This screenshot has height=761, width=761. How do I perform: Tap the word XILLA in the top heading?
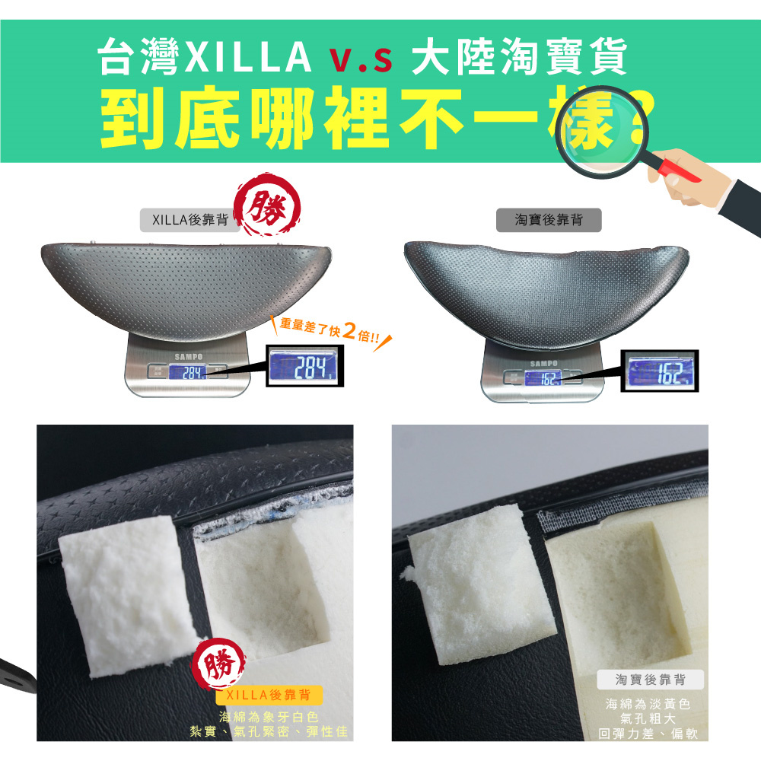point(248,57)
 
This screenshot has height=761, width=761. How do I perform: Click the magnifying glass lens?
point(602,132)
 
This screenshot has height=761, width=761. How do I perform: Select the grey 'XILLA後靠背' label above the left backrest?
point(189,221)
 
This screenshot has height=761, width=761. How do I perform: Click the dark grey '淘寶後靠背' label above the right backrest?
point(549,220)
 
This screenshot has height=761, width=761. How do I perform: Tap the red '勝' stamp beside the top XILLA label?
point(267,204)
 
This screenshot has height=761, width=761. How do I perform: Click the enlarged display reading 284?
point(305,366)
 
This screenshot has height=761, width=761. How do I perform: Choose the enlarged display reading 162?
point(660,371)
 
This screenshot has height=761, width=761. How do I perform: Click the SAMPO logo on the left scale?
point(189,357)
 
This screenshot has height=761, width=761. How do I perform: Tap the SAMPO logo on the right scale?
point(544,364)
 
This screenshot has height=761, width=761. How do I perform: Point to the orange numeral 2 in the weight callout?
point(349,330)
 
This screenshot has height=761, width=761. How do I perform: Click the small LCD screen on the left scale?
point(188,372)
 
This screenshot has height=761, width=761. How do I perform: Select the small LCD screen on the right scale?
point(543,378)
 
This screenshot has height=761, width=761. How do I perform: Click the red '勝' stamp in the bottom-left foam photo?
point(219,664)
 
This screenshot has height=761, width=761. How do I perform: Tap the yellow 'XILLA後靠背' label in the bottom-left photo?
point(269,695)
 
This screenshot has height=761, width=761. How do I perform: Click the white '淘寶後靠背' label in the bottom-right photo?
point(651,680)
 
